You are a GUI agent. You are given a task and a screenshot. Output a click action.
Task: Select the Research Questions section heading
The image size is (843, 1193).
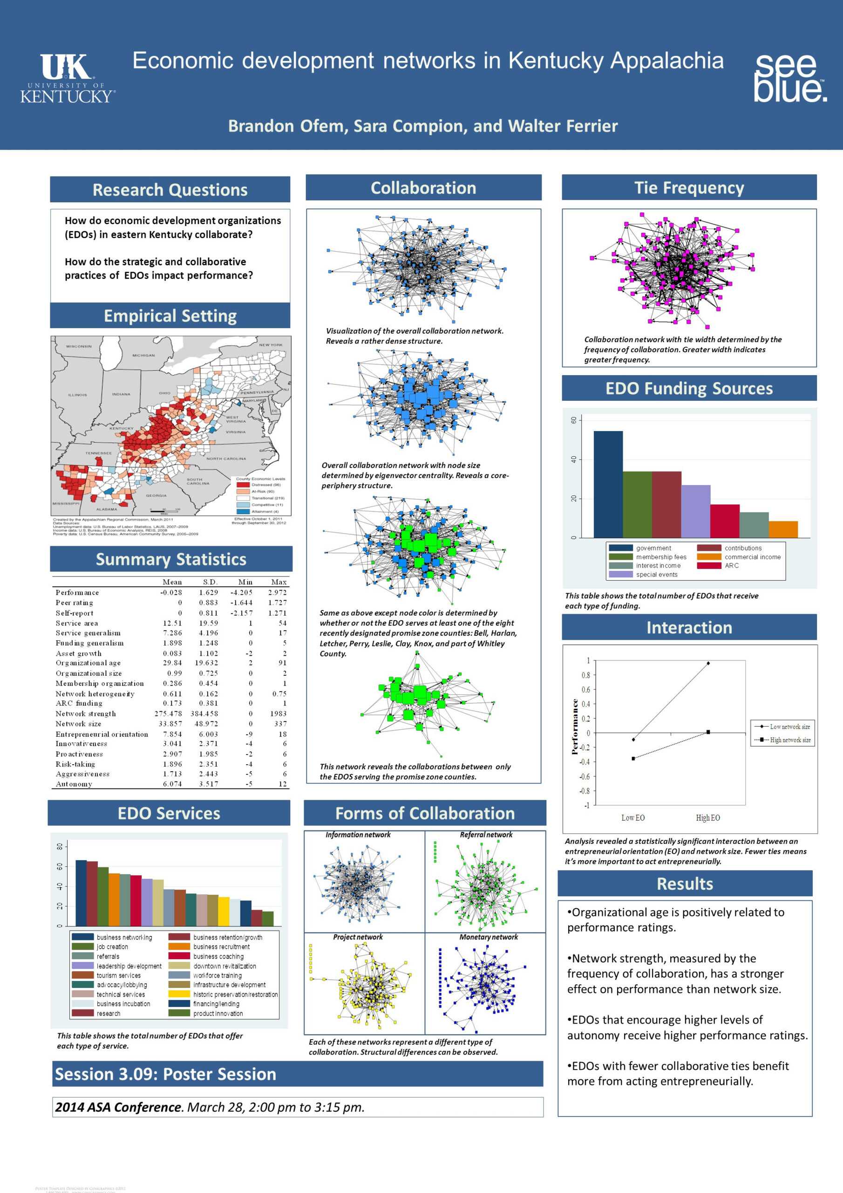coord(170,190)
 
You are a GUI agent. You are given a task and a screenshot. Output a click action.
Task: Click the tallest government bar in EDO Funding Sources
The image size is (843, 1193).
coord(608,483)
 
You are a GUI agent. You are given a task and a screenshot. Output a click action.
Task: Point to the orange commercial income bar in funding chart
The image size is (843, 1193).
coord(783,529)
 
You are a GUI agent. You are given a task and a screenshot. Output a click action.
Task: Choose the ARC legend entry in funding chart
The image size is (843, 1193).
coord(731,565)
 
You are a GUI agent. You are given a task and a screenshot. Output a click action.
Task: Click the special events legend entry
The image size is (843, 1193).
coord(657,574)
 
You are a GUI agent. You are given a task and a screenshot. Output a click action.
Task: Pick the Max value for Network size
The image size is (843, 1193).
coord(280,723)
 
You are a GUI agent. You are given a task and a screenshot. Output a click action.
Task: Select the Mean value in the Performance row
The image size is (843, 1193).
coord(171,592)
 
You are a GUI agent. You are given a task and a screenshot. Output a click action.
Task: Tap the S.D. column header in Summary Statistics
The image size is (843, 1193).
coord(210,582)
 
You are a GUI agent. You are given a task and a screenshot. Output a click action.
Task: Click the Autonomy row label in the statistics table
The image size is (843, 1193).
coord(74,783)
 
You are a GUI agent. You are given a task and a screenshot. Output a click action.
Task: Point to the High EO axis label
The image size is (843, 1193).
coord(708,818)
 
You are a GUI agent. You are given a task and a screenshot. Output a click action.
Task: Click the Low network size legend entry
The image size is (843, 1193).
coord(789,727)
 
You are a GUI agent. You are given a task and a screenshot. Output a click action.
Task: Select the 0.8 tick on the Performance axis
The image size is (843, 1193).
coord(585,675)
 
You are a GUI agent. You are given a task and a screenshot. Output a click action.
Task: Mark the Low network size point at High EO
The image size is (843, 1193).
coord(708,663)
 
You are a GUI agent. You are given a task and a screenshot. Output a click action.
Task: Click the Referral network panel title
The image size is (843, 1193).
coord(486,835)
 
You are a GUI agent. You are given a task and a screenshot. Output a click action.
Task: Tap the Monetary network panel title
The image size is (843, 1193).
coord(488,937)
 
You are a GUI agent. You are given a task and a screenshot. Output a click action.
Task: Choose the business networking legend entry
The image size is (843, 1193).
coord(124,937)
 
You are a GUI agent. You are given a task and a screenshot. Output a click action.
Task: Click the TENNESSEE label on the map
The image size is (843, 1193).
coord(99,453)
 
